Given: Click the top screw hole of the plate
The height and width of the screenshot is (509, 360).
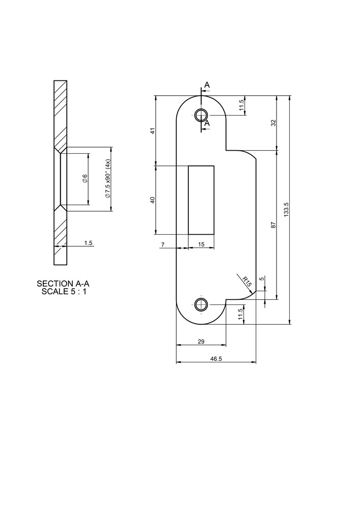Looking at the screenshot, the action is pyautogui.click(x=201, y=115).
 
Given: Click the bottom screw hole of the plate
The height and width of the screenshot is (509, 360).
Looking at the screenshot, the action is pyautogui.click(x=201, y=305).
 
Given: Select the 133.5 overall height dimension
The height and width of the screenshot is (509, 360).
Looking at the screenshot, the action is pyautogui.click(x=286, y=210).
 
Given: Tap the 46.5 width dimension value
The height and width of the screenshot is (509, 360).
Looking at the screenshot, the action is pyautogui.click(x=214, y=359).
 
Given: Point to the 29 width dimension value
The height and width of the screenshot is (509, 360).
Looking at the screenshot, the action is pyautogui.click(x=201, y=341).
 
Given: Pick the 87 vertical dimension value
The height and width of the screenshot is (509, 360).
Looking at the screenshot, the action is pyautogui.click(x=273, y=224).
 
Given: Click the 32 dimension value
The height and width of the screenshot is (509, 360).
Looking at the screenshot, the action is pyautogui.click(x=273, y=123).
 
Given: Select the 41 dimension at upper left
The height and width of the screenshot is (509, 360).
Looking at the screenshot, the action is pyautogui.click(x=153, y=130).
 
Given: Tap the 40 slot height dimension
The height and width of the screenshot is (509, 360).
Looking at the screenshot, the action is pyautogui.click(x=153, y=200).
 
